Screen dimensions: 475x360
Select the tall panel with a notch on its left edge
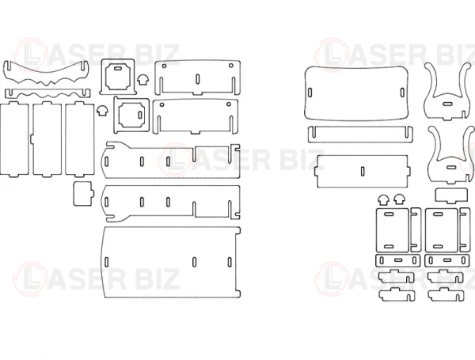[x=47, y=139]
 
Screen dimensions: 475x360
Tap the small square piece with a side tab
[x=83, y=194]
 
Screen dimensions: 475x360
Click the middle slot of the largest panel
[x=195, y=262]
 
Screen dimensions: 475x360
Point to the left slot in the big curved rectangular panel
[x=310, y=92]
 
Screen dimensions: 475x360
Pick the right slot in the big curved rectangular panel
[x=402, y=93]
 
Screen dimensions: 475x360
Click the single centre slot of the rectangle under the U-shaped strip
[x=363, y=171]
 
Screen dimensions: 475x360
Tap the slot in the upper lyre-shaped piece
[x=447, y=104]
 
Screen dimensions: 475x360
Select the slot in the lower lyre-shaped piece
[x=451, y=167]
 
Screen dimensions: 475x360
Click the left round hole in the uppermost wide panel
[x=165, y=66]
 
